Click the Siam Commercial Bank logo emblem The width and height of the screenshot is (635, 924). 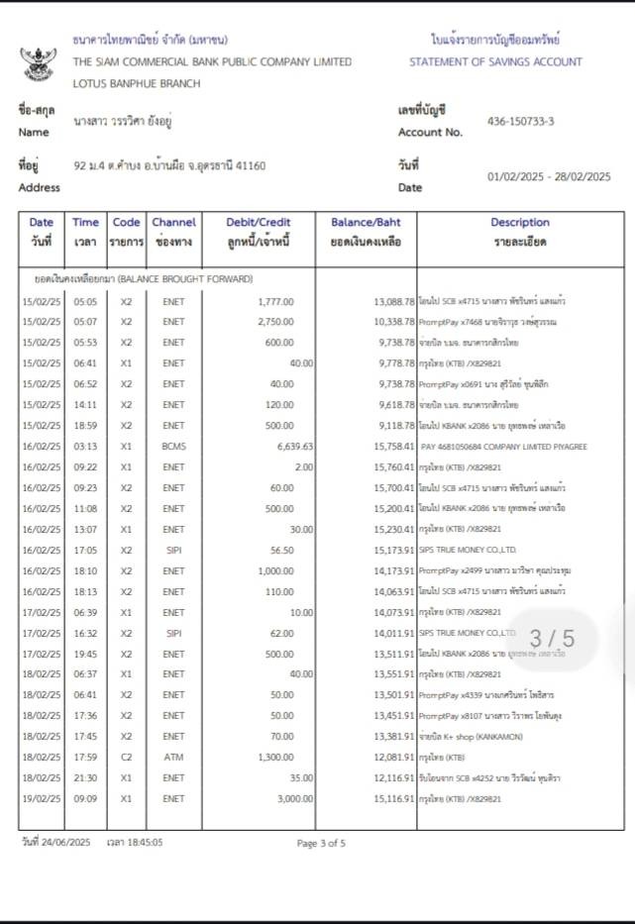(39, 62)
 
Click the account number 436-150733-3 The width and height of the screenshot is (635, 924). (520, 122)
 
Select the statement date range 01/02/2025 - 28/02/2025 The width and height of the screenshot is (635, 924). (549, 176)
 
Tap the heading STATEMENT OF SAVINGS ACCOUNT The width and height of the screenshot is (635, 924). (495, 61)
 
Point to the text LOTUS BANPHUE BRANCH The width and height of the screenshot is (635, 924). (137, 83)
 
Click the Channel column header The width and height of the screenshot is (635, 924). (173, 223)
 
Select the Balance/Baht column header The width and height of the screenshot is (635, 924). (366, 223)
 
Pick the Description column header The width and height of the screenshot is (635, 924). (519, 223)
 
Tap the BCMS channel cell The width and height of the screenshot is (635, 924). (173, 447)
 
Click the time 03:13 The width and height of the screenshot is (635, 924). (85, 447)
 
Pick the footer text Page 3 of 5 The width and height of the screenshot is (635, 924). (321, 844)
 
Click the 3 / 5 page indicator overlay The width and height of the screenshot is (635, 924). (551, 639)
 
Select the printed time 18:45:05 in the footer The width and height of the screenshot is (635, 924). (143, 843)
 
